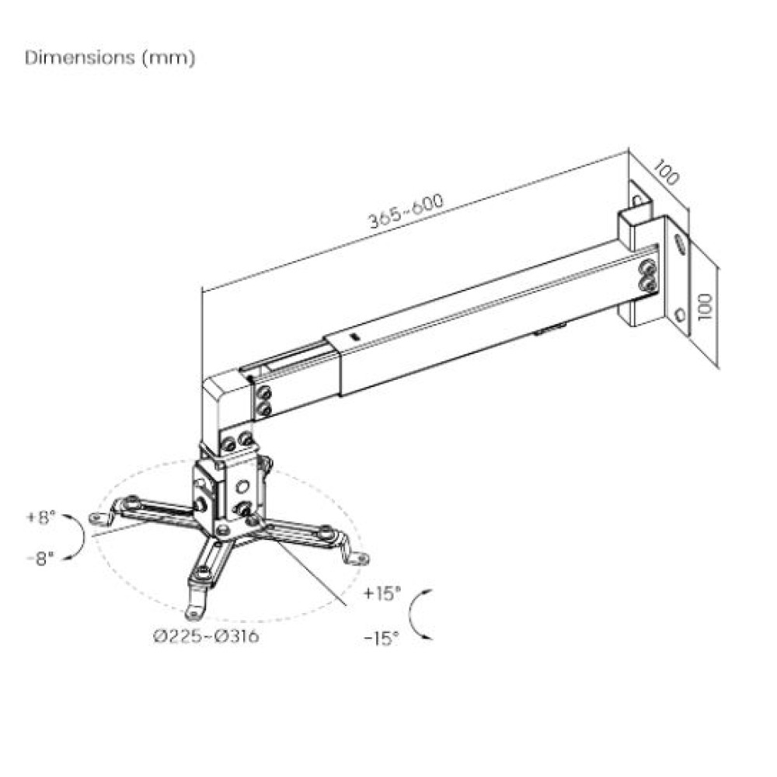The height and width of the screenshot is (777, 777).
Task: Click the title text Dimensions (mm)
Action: coord(110,58)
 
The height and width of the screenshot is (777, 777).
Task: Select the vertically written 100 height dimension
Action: coord(705,307)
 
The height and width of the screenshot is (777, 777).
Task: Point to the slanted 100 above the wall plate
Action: coord(666,172)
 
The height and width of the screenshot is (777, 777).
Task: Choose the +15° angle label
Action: coord(382,594)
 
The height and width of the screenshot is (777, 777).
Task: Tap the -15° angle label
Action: coord(382,637)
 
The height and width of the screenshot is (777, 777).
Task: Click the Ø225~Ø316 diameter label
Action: coord(206,637)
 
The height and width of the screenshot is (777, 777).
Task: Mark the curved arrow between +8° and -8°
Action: coord(77,536)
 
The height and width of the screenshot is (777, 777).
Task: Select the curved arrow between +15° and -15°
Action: coord(420,615)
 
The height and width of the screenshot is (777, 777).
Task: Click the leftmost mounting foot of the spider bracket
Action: coord(99,517)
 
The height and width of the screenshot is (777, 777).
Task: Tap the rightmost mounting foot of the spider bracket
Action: coord(358,558)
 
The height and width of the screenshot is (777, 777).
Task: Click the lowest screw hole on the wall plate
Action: coord(680,315)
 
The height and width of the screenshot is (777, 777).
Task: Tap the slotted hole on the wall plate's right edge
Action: coord(681,243)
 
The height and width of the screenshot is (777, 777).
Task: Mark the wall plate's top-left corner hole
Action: coord(637,200)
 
